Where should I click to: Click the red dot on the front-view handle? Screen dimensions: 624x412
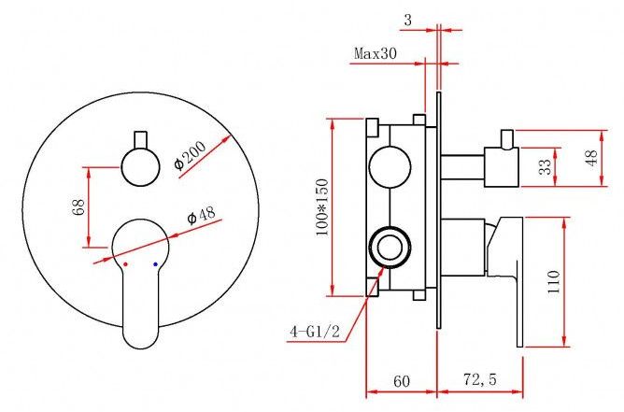coord(126,264)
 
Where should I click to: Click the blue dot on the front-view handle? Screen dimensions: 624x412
coord(155,264)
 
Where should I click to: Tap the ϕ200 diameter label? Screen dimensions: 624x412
coord(190,155)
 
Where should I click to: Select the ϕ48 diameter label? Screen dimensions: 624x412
coord(201,215)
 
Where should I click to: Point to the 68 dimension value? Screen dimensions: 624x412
coord(78,207)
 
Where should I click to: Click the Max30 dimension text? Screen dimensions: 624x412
coord(376,53)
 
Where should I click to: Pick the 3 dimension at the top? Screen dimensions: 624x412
coord(408,20)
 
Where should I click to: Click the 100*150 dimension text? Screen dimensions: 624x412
coord(322,207)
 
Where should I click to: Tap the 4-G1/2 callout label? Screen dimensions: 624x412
coord(315,332)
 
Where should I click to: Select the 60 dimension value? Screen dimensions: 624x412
coord(401,381)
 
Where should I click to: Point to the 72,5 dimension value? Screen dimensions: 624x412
coord(480,379)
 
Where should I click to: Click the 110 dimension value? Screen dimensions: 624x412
coord(554,282)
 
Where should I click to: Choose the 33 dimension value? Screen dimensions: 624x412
coord(546,166)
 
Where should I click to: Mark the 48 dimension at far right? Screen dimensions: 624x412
coord(591,158)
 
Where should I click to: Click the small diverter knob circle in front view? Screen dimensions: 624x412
coord(140,167)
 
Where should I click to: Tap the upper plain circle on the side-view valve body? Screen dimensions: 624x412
coord(390,166)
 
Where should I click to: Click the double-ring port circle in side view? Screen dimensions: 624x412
coord(390,248)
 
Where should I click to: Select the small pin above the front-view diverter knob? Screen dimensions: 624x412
coord(141,139)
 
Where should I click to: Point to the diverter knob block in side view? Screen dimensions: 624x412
coord(502,167)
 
